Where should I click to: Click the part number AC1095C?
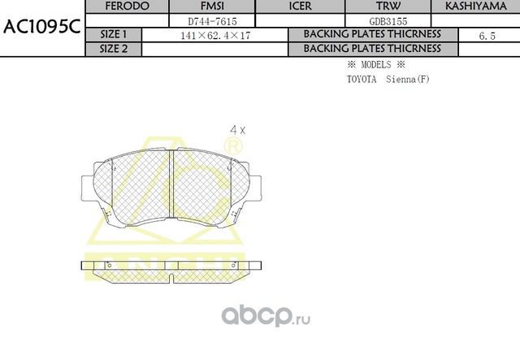(41, 27)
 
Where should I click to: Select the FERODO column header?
(128, 7)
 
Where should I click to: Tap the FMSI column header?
(212, 7)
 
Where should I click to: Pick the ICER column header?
(300, 7)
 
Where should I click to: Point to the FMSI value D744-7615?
(212, 20)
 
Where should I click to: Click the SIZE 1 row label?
(113, 35)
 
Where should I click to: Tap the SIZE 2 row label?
(113, 49)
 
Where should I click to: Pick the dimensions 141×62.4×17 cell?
(214, 35)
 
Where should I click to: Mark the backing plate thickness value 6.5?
(488, 36)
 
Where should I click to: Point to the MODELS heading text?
(375, 64)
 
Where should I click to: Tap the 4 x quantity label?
(237, 129)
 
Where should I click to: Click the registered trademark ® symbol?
(232, 147)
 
